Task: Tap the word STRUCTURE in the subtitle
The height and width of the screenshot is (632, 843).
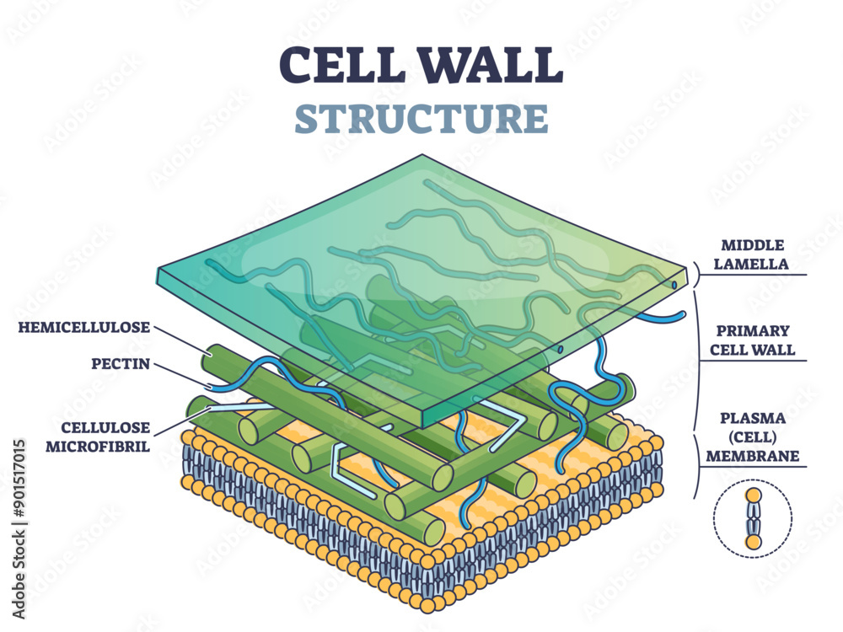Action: pyautogui.click(x=421, y=119)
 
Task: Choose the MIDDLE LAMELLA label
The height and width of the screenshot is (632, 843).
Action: pyautogui.click(x=753, y=254)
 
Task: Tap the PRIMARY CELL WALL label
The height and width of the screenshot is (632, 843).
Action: pyautogui.click(x=753, y=340)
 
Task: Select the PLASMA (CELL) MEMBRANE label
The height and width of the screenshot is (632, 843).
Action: pyautogui.click(x=753, y=437)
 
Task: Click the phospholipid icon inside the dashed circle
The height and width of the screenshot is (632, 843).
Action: pyautogui.click(x=753, y=517)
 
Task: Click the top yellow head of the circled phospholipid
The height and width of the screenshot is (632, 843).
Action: pyautogui.click(x=753, y=495)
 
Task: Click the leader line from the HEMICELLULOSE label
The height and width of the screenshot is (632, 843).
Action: pyautogui.click(x=181, y=339)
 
